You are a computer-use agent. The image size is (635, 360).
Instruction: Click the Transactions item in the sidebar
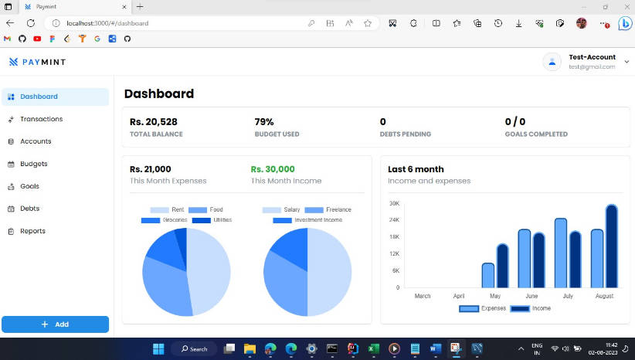(x=41, y=119)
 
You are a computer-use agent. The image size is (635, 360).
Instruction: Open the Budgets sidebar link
(x=33, y=164)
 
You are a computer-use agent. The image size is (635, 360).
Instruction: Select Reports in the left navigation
(x=32, y=231)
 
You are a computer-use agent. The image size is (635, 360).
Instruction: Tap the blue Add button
(x=55, y=324)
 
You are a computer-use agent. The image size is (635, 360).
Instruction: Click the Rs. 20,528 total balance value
(x=154, y=122)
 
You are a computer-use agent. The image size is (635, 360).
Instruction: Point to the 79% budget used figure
(x=264, y=122)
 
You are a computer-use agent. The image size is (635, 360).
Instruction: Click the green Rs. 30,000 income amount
(x=273, y=169)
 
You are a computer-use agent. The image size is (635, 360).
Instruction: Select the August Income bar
(x=611, y=246)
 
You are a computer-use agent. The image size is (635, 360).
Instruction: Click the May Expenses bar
(x=487, y=275)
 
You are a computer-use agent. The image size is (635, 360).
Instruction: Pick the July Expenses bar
(x=561, y=253)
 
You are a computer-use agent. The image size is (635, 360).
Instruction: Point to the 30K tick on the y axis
(x=394, y=204)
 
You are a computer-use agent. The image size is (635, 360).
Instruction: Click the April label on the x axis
(x=459, y=296)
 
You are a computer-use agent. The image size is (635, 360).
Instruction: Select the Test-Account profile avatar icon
(x=552, y=62)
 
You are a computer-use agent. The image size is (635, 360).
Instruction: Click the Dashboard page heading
(x=159, y=94)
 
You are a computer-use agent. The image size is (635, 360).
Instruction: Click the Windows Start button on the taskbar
(x=158, y=348)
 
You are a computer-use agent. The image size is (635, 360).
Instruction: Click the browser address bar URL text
(x=107, y=23)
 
